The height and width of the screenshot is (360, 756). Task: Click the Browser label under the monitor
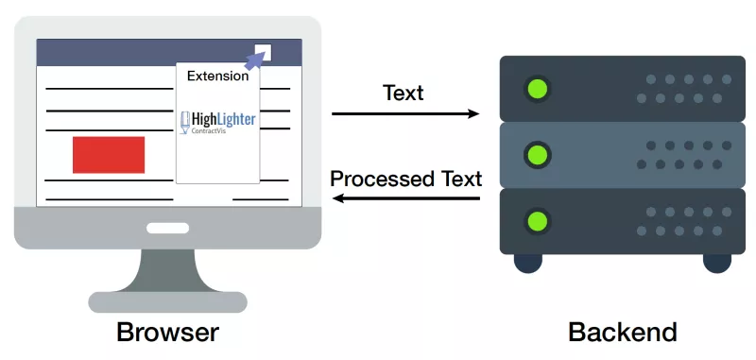[x=167, y=333]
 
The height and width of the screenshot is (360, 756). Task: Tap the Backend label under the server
[x=623, y=333]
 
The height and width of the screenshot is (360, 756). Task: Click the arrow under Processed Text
[x=406, y=198]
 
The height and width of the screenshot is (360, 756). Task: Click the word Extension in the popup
[x=218, y=76]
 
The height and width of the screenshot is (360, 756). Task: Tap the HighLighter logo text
[x=224, y=120]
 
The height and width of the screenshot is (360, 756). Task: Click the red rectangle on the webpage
[x=109, y=155]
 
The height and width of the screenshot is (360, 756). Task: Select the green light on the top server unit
[x=537, y=89]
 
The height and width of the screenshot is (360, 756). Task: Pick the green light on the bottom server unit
[x=537, y=222]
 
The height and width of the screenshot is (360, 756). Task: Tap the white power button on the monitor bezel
[x=167, y=228]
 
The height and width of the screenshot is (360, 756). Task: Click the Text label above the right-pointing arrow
[x=404, y=93]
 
